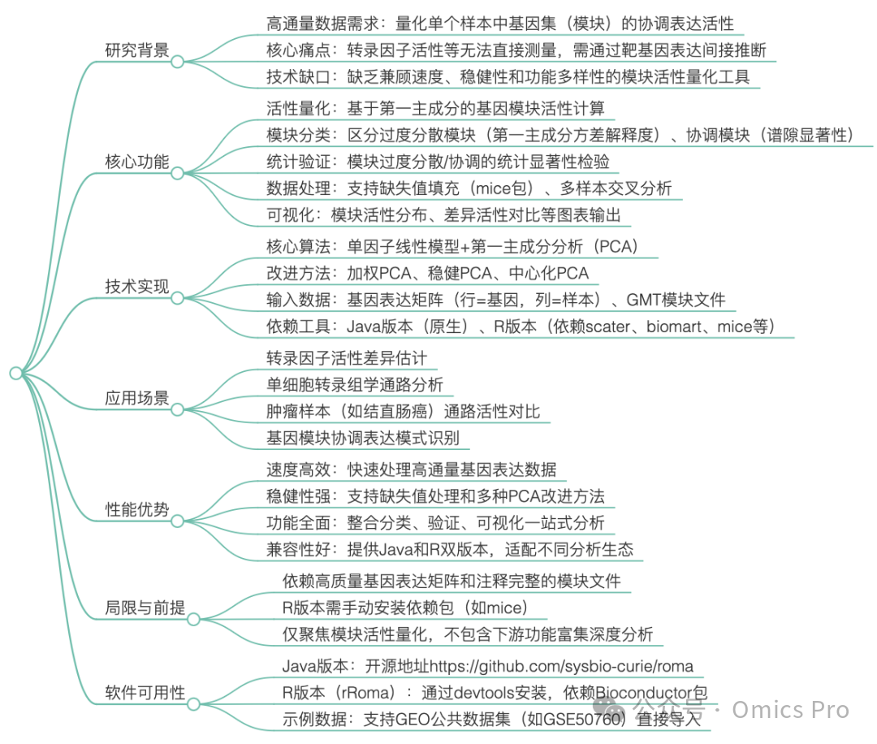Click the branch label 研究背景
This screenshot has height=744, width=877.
click(x=136, y=50)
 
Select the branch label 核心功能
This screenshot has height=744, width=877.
click(x=136, y=162)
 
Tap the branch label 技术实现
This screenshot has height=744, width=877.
click(x=136, y=286)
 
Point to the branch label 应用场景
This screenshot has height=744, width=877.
click(x=136, y=398)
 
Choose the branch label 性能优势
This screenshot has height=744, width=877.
click(x=136, y=509)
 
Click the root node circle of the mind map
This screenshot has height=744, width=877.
click(x=15, y=373)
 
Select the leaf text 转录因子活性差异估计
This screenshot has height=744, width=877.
click(x=347, y=358)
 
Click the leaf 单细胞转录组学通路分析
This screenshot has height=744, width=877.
click(x=355, y=385)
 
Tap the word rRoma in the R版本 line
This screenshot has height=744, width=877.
click(x=367, y=693)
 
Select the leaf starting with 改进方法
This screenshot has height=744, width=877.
click(x=427, y=273)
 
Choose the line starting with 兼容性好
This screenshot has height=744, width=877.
click(x=450, y=548)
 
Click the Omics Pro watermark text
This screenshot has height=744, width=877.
click(x=790, y=709)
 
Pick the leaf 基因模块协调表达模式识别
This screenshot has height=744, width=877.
click(x=363, y=439)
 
